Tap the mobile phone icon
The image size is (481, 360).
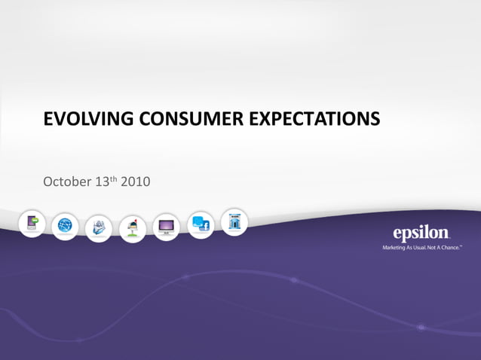[x=32, y=224]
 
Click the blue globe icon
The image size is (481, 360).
[x=66, y=225]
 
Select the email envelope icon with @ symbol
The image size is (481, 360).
[x=99, y=227]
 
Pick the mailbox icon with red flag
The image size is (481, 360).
[x=132, y=228]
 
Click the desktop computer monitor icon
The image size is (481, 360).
[x=166, y=227]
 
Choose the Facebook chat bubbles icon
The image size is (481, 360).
[x=200, y=224]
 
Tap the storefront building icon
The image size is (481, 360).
[x=234, y=221]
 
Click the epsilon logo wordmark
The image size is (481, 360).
[x=421, y=233]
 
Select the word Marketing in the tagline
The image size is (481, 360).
[x=397, y=246]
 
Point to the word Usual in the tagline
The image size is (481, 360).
[x=424, y=246]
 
